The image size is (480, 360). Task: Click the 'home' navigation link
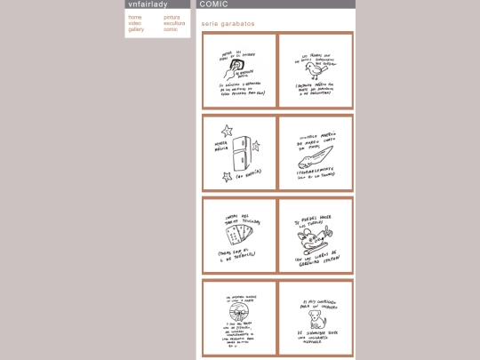[x=134, y=17]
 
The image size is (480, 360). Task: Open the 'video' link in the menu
[x=134, y=23]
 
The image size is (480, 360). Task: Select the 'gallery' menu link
[x=136, y=29]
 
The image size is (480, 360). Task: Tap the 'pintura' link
[x=172, y=17]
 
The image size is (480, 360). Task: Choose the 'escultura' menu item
[x=174, y=23]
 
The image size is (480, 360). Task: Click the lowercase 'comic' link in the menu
[x=171, y=29]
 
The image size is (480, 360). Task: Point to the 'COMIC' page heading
[x=214, y=4]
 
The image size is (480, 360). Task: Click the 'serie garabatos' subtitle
[x=228, y=24]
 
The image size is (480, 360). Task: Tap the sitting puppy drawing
[x=316, y=317]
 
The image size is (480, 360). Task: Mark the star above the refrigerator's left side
[x=227, y=131]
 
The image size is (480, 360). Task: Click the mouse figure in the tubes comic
[x=314, y=235]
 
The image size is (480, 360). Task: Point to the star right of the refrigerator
[x=256, y=145]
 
